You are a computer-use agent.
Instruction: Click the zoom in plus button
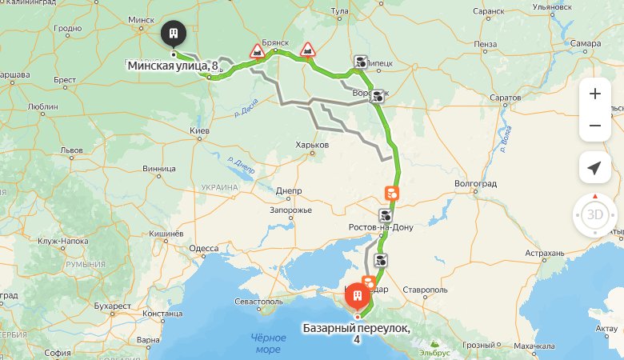(x=594, y=94)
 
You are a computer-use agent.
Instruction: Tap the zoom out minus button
(x=594, y=126)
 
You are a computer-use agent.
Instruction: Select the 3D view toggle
(x=594, y=214)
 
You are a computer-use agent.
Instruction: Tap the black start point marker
(x=173, y=34)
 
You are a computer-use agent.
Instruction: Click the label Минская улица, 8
(x=173, y=65)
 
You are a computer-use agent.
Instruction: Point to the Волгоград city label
(x=475, y=183)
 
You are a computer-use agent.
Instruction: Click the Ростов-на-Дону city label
(x=382, y=228)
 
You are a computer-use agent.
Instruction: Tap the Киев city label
(x=199, y=130)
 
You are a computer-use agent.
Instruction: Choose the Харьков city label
(x=312, y=145)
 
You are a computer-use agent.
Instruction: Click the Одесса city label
(x=204, y=249)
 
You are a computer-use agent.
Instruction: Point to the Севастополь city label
(x=259, y=302)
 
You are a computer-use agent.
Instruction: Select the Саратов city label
(x=505, y=98)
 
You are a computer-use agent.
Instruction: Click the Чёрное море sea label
(x=268, y=344)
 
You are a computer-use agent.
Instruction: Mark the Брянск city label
(x=286, y=42)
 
